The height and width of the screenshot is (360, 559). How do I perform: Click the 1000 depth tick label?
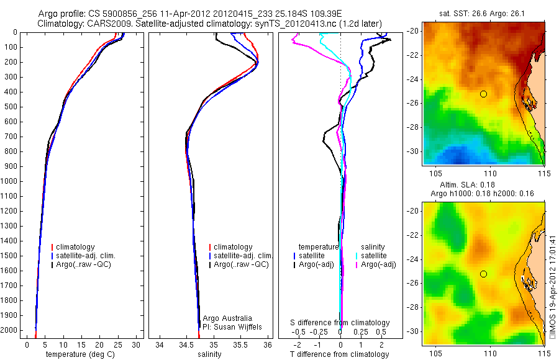[x=11, y=181]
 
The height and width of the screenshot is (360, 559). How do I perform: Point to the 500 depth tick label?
[x=13, y=107]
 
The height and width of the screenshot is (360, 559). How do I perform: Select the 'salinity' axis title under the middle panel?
[x=209, y=354]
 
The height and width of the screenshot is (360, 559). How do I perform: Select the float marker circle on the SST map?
[x=483, y=94]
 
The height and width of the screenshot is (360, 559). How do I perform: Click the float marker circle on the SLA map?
[x=483, y=274]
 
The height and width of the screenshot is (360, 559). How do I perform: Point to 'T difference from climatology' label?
[x=339, y=354]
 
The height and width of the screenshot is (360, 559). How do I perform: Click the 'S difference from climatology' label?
[x=340, y=323]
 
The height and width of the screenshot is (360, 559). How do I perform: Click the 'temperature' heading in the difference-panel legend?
[x=319, y=247]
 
